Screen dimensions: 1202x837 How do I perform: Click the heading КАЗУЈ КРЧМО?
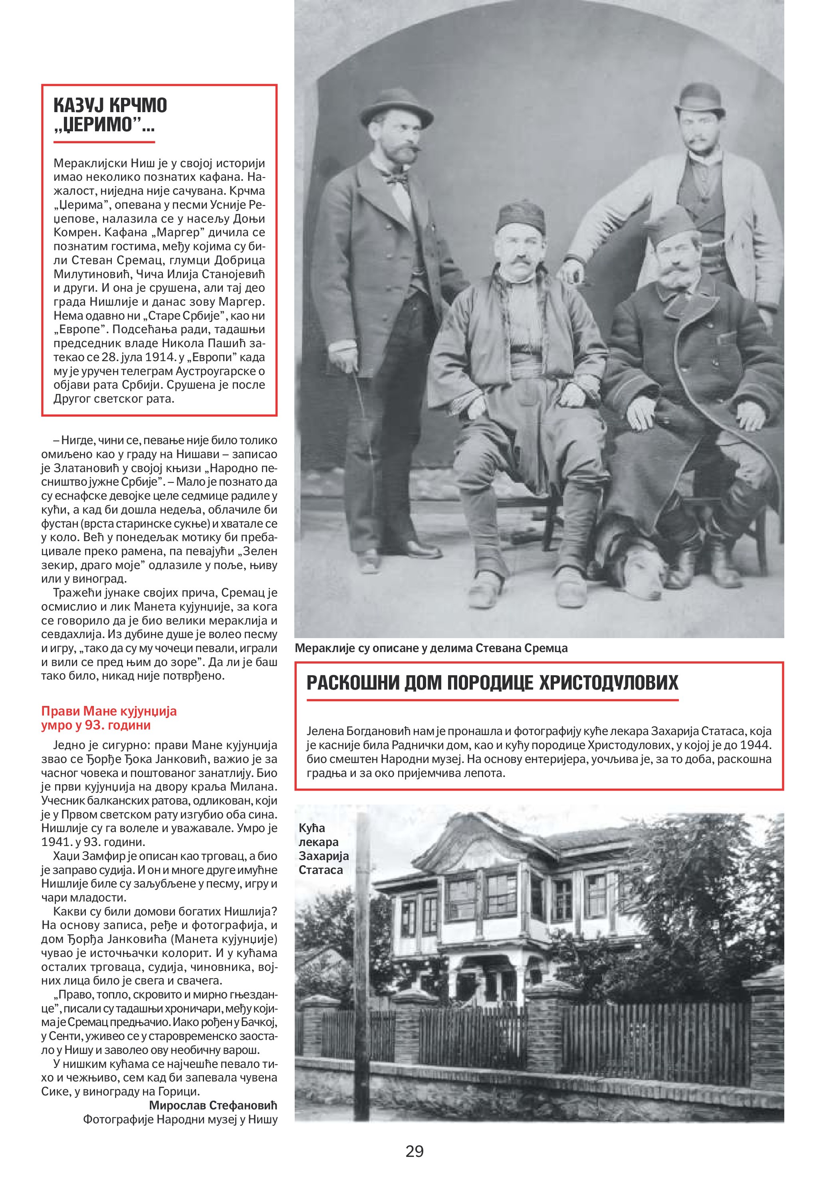point(110,105)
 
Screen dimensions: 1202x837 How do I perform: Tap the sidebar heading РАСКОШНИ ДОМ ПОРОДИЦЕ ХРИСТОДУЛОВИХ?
point(492,683)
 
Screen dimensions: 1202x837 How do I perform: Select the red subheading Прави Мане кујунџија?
point(109,711)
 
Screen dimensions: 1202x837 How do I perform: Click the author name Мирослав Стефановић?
point(213,1105)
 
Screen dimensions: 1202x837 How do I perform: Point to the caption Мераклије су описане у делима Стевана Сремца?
point(430,648)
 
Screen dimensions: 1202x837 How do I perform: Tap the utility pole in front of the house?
point(362,969)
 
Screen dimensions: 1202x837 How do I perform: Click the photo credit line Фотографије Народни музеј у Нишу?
point(180,1119)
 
